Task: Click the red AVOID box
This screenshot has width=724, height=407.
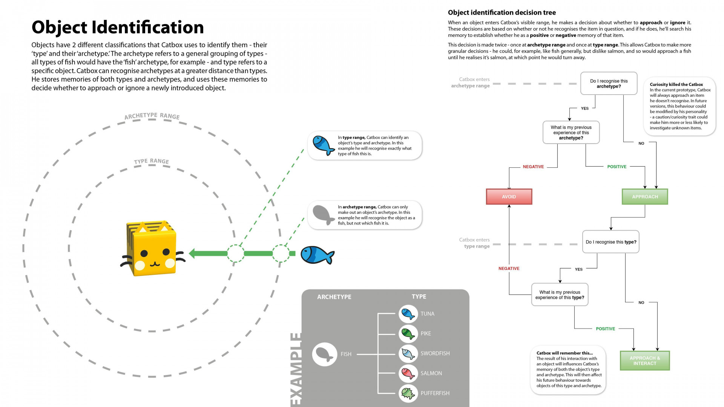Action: [509, 197]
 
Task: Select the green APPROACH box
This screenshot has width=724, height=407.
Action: [645, 197]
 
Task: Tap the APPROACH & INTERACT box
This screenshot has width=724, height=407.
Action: [645, 361]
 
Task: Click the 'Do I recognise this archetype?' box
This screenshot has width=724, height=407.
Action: [609, 83]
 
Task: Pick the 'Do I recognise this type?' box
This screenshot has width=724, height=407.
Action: [611, 242]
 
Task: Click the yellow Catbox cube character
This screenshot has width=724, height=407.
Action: [152, 248]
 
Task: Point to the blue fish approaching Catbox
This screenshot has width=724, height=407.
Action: [317, 255]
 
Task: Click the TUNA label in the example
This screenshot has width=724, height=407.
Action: [427, 314]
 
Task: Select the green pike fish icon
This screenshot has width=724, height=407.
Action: [408, 334]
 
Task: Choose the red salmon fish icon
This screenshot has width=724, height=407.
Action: [408, 373]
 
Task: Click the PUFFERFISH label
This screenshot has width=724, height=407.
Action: [435, 393]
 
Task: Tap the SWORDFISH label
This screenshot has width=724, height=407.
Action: [435, 353]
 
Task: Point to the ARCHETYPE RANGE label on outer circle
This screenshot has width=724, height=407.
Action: [152, 116]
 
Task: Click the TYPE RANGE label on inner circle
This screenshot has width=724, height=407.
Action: [152, 161]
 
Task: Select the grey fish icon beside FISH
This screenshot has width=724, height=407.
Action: [324, 354]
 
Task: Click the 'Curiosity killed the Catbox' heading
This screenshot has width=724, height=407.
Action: [676, 84]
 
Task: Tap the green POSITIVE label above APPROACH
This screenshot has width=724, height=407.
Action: [617, 167]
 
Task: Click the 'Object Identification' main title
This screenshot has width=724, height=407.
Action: [118, 27]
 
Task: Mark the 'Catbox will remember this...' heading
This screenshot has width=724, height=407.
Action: [564, 353]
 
